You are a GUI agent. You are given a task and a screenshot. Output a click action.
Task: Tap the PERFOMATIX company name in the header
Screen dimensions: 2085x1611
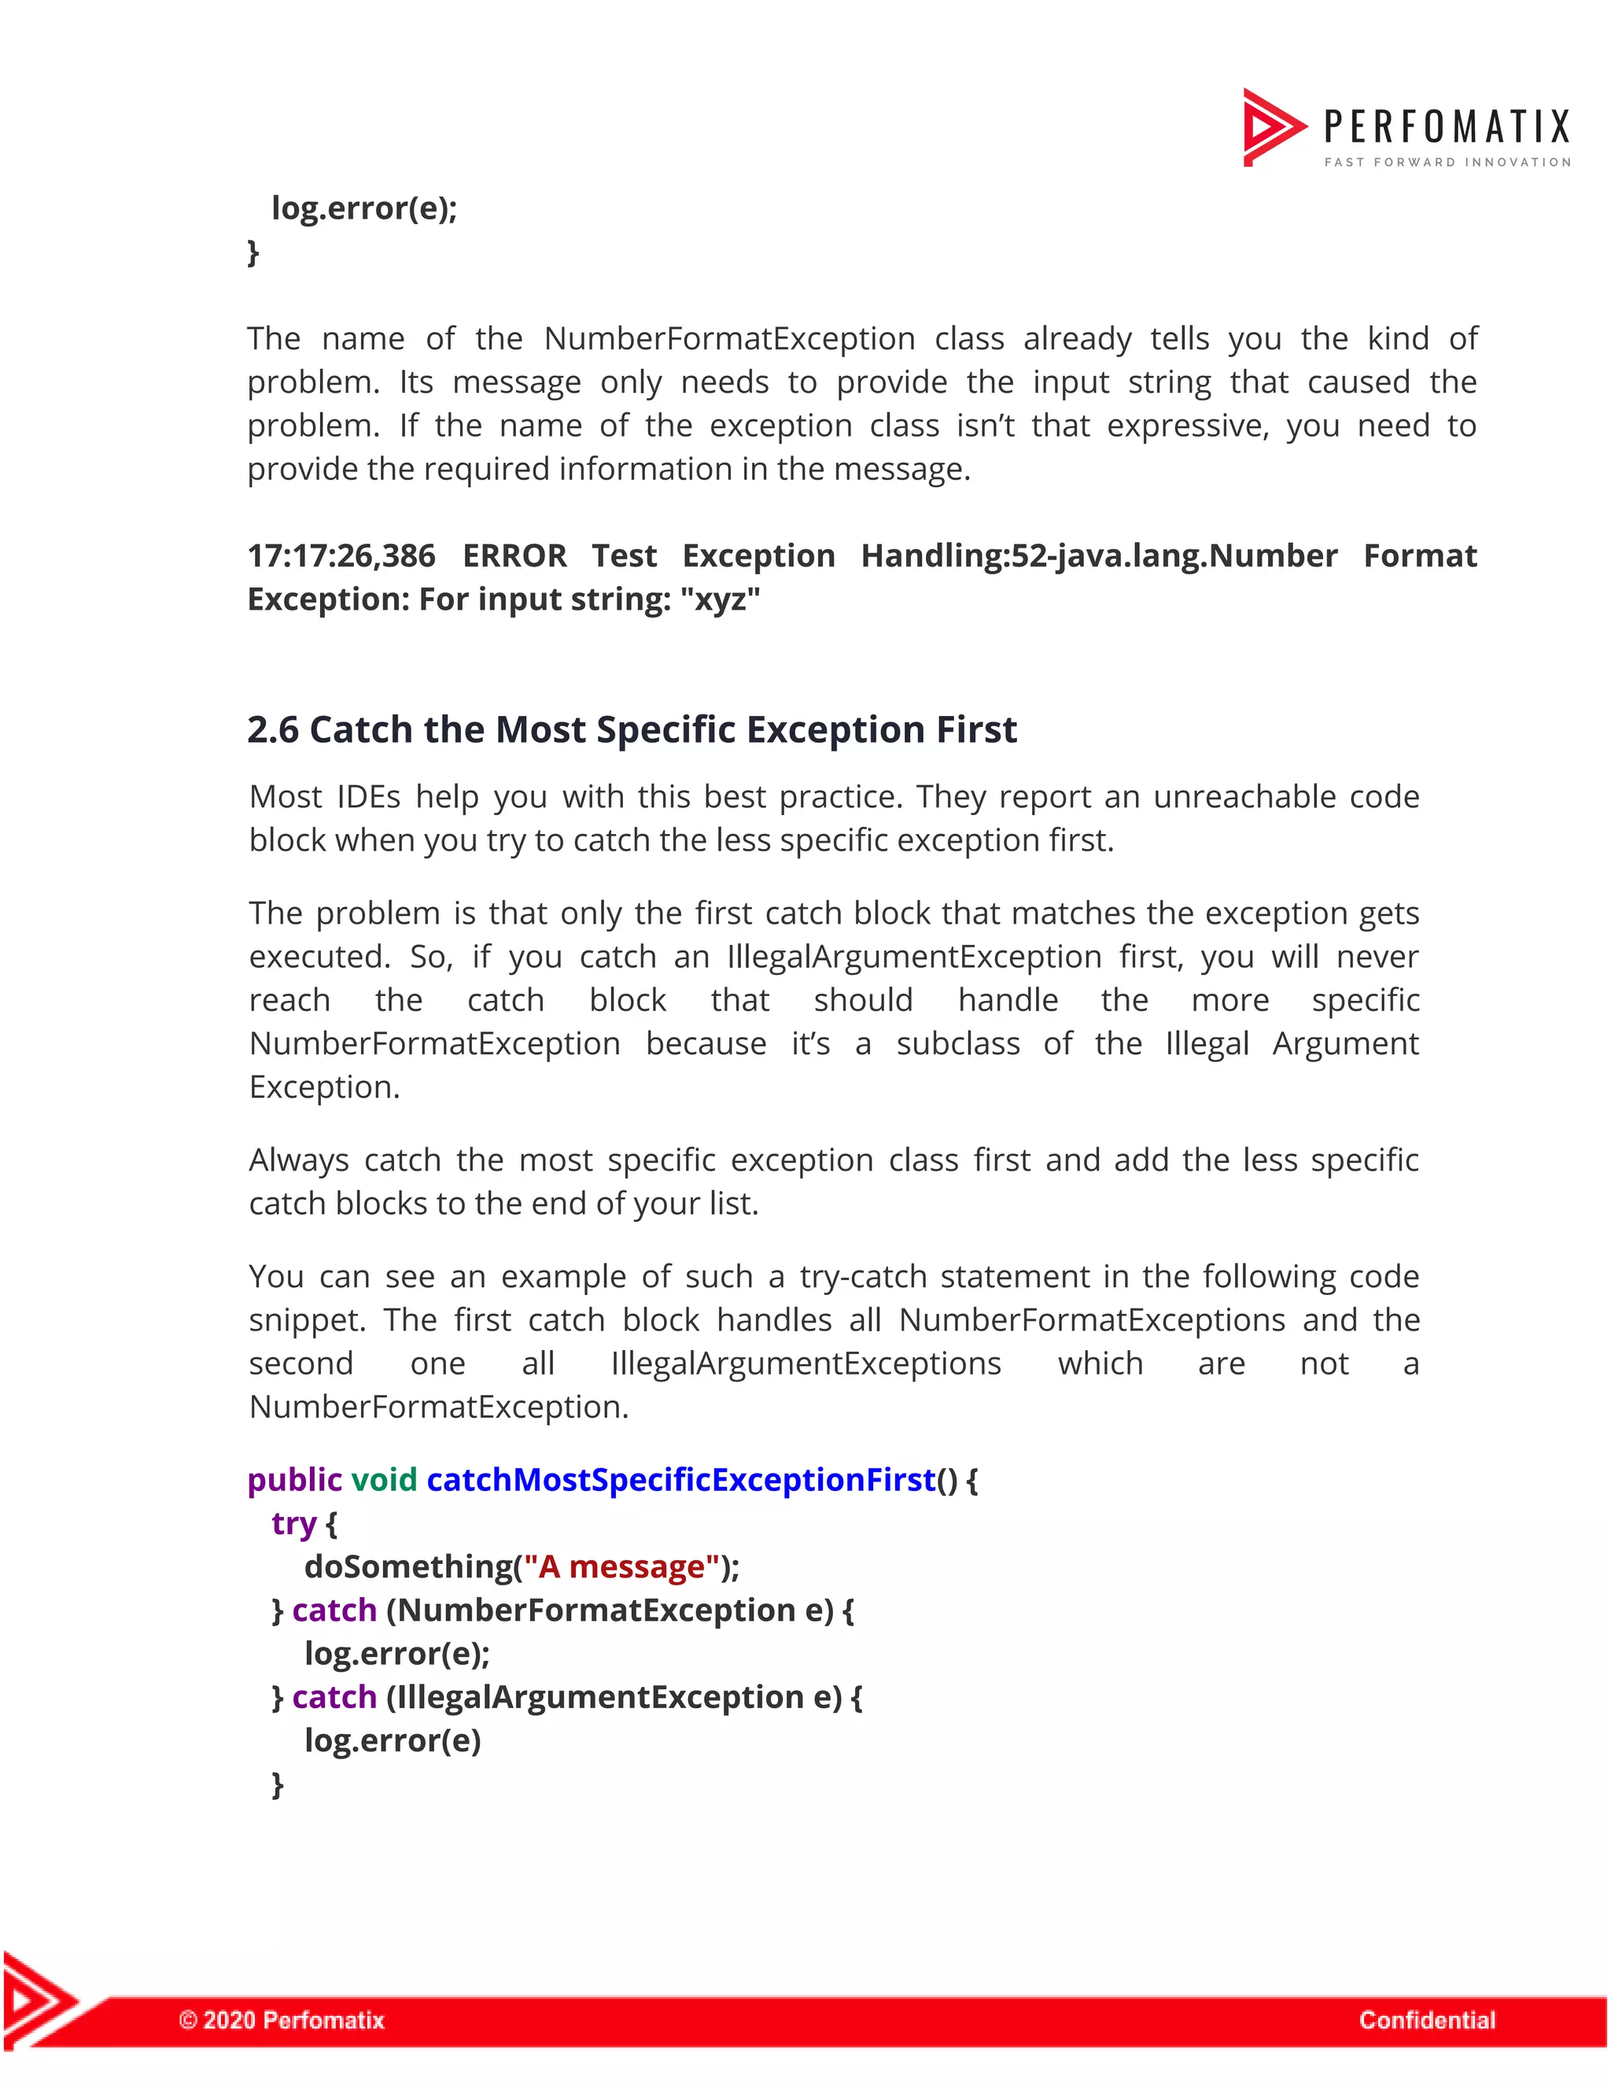[x=1446, y=127]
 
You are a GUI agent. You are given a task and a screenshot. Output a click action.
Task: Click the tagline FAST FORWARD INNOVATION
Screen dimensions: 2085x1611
[x=1447, y=162]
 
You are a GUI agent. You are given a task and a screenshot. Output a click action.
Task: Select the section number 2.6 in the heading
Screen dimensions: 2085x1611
[x=273, y=730]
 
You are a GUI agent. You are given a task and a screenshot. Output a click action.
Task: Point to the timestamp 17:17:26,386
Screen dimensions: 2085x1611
[x=341, y=555]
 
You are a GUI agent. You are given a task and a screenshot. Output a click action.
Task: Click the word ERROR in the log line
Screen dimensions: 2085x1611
[x=514, y=555]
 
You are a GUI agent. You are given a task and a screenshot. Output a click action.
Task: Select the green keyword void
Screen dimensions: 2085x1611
[x=384, y=1480]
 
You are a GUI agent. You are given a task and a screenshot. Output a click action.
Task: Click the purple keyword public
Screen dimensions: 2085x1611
[x=294, y=1480]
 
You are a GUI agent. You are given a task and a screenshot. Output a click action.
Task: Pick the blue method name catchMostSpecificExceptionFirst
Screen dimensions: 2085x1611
[x=680, y=1480]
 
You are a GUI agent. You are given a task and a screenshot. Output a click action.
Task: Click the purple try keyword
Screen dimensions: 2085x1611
[x=293, y=1524]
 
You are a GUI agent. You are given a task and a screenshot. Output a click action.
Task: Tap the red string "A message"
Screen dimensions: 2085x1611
[x=621, y=1567]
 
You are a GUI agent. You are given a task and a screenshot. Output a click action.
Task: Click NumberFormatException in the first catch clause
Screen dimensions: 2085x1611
[x=596, y=1611]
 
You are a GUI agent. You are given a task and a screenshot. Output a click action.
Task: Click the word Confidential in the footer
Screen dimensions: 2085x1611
[x=1427, y=2019]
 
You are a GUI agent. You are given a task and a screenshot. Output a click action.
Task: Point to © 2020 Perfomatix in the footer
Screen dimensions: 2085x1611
[x=282, y=2019]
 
